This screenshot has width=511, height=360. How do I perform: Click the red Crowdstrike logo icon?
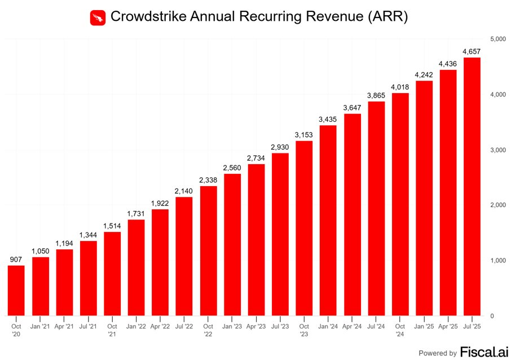point(98,17)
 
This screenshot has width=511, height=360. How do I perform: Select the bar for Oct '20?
point(16,290)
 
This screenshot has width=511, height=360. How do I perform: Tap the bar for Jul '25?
point(472,186)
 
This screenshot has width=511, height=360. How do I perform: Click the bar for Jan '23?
point(232,244)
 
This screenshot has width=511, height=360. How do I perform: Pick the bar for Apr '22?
point(160,262)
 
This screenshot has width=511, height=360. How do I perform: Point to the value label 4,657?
point(472,52)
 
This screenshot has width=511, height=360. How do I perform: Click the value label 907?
point(16,260)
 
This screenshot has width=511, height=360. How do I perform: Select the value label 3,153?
point(303,135)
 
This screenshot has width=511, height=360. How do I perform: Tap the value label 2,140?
point(184,191)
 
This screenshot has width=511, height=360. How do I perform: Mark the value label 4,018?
point(399,87)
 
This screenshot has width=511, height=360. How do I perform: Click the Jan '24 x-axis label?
point(328,326)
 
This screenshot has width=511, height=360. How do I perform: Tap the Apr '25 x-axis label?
point(447,326)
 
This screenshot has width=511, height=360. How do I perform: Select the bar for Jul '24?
point(376,208)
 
